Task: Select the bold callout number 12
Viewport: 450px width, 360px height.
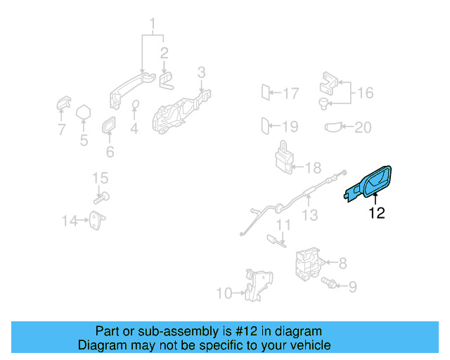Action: (x=377, y=213)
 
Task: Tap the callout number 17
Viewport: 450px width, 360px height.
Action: (x=290, y=93)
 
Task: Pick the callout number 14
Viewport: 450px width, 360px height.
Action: (x=69, y=221)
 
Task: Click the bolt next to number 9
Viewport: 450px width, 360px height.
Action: (x=328, y=283)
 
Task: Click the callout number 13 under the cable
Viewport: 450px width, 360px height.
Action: (x=310, y=215)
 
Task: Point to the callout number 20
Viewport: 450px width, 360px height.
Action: (x=362, y=127)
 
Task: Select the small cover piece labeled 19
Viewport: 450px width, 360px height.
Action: (x=266, y=127)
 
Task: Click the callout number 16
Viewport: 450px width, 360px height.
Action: (x=365, y=93)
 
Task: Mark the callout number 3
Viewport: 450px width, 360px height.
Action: (x=201, y=72)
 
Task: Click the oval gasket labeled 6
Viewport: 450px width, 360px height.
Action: (x=110, y=126)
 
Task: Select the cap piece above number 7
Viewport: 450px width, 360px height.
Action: (x=62, y=104)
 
